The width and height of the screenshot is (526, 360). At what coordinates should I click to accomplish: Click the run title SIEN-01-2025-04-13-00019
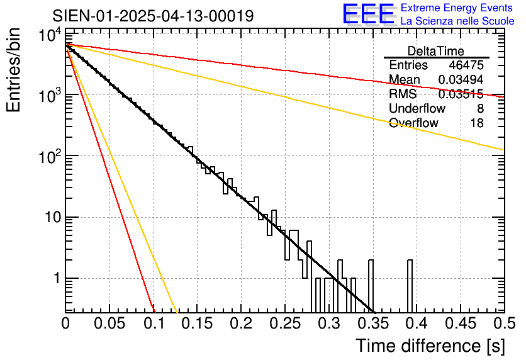click(x=153, y=16)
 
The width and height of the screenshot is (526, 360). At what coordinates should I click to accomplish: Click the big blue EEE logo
click(x=368, y=14)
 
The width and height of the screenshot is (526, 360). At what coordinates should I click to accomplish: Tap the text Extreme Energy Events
click(x=457, y=8)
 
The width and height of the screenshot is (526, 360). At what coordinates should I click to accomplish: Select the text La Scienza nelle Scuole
click(x=457, y=21)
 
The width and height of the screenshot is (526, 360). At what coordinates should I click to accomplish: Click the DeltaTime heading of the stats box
click(x=436, y=51)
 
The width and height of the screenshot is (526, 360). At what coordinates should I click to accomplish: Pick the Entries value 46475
click(x=466, y=65)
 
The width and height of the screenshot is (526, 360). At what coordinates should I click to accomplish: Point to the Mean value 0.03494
click(x=461, y=80)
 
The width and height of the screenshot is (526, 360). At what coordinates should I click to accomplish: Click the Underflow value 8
click(x=480, y=109)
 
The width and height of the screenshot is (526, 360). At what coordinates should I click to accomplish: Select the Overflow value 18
click(x=477, y=123)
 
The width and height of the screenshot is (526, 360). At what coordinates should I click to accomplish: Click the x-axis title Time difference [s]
click(x=429, y=346)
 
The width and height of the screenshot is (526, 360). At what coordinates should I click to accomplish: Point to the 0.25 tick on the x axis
click(x=284, y=323)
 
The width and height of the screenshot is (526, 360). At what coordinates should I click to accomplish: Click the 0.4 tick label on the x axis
click(x=416, y=323)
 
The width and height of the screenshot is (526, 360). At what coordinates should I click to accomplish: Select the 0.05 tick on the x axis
click(x=109, y=323)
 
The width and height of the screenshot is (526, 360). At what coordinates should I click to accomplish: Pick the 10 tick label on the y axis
click(x=49, y=218)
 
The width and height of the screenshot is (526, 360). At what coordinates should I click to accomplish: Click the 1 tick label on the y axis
click(x=55, y=279)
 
